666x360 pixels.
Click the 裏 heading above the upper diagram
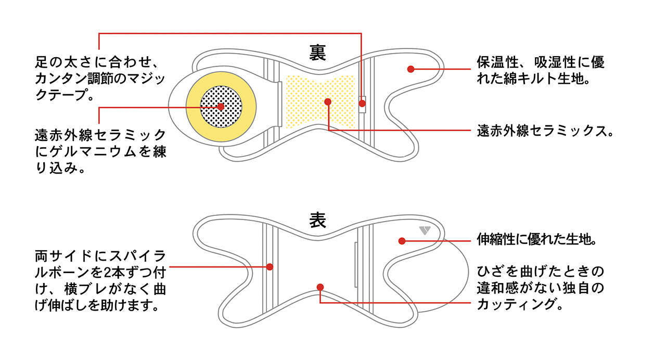(x=318, y=52)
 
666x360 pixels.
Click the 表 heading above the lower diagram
(x=318, y=220)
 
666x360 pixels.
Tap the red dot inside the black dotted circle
(x=221, y=107)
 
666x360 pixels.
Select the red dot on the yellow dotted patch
(x=328, y=101)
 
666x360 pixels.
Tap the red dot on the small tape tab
(x=362, y=104)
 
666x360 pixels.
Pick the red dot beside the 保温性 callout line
(x=411, y=69)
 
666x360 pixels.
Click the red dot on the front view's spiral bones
(x=270, y=267)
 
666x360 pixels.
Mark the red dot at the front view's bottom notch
(x=320, y=287)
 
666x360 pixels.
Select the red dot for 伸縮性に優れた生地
(x=402, y=240)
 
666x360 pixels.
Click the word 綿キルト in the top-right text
(x=531, y=80)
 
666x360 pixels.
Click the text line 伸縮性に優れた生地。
(x=536, y=240)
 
